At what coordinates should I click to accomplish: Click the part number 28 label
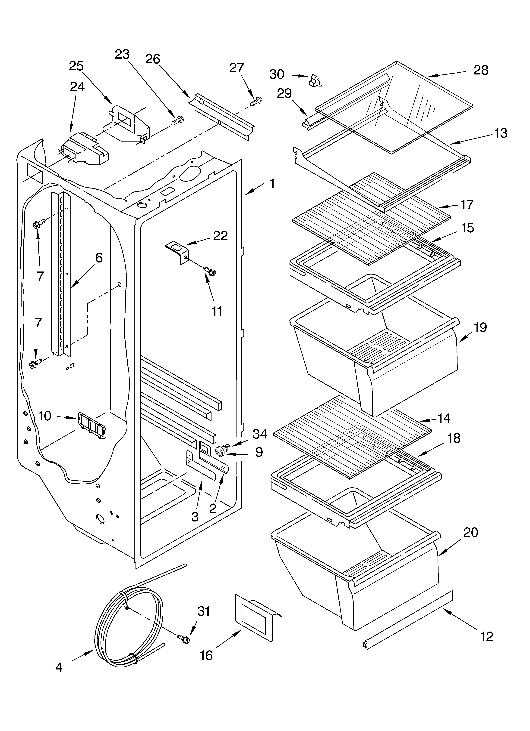[x=481, y=70]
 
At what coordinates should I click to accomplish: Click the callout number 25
[x=76, y=66]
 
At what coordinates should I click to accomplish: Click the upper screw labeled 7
[x=36, y=224]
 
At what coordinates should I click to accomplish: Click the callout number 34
[x=260, y=434]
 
